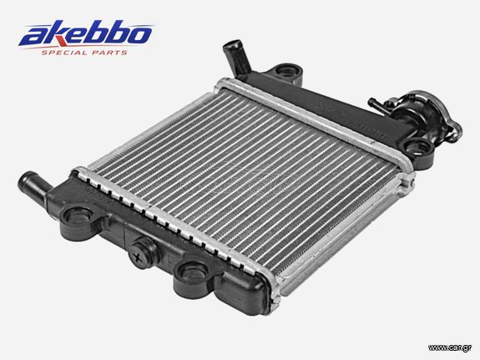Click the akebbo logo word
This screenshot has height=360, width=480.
[x=85, y=33]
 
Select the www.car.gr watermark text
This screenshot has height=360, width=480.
[x=450, y=347]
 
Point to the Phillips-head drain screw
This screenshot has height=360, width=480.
[x=140, y=255]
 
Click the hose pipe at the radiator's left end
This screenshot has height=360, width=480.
[x=33, y=185]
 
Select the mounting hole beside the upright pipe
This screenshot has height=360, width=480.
[x=287, y=71]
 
